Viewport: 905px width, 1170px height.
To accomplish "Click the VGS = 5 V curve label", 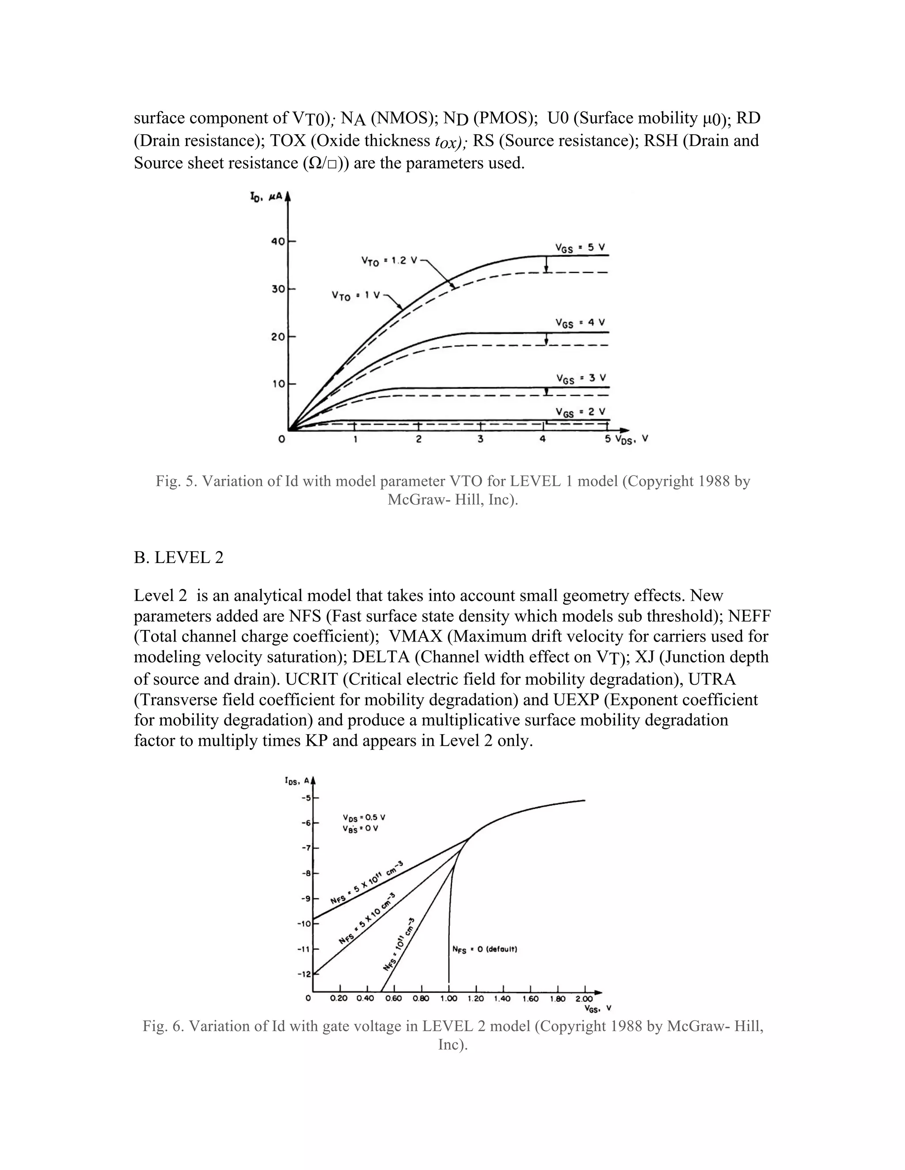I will coord(580,248).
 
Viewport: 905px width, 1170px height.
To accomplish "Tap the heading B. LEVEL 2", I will coord(179,558).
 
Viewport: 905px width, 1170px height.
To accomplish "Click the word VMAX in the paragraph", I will coord(415,636).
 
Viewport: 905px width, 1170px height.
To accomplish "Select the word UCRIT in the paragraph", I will coord(311,679).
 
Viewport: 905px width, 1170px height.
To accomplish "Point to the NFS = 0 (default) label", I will coord(485,949).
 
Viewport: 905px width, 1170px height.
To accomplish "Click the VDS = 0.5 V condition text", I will coord(364,818).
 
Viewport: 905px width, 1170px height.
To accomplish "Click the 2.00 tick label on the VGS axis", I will coord(584,999).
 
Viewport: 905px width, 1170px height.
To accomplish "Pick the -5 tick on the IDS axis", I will coord(306,798).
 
